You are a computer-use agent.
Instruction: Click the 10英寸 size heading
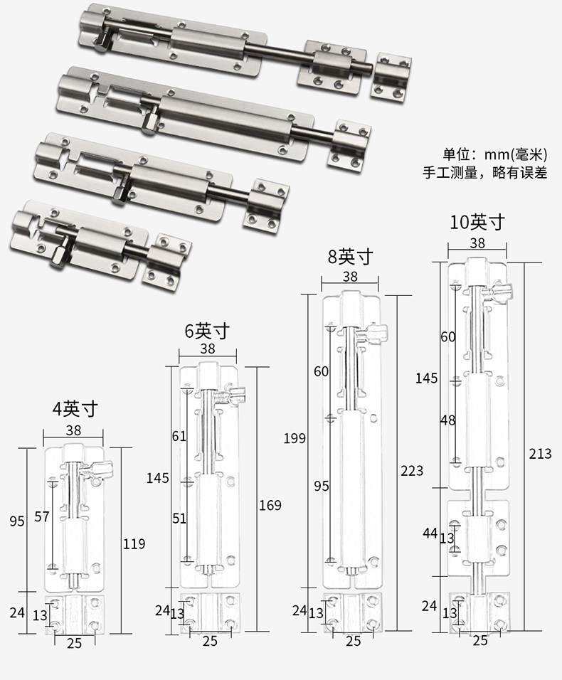[x=477, y=222]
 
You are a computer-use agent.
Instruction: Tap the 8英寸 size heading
[x=350, y=256]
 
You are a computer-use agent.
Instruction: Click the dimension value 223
[x=412, y=470]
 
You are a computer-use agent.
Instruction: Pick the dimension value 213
[x=540, y=453]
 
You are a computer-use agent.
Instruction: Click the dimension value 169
[x=270, y=505]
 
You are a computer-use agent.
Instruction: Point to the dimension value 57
[x=42, y=516]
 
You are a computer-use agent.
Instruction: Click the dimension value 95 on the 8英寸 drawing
[x=322, y=486]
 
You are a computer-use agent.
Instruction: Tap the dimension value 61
[x=178, y=435]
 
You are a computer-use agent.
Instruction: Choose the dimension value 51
[x=178, y=518]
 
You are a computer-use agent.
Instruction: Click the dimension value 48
[x=447, y=420]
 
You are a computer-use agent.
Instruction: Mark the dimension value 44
[x=430, y=532]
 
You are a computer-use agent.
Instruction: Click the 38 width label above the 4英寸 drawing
[x=73, y=430]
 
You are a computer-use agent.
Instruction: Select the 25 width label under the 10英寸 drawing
[x=480, y=640]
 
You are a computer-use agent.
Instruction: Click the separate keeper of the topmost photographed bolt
[x=393, y=73]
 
